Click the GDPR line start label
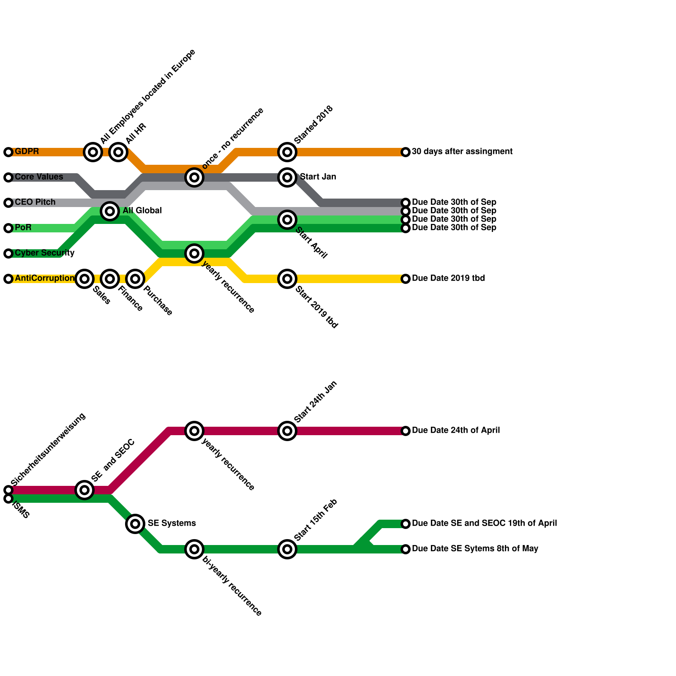pyautogui.click(x=27, y=152)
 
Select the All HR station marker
pyautogui.click(x=118, y=152)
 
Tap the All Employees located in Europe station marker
pyautogui.click(x=93, y=152)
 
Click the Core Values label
pyautogui.click(x=39, y=177)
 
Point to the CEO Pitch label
pyautogui.click(x=35, y=202)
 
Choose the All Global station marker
pyautogui.click(x=110, y=211)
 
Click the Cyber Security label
pyautogui.click(x=44, y=253)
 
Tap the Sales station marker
pyautogui.click(x=84, y=279)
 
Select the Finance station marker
pyautogui.click(x=110, y=279)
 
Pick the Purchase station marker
pyautogui.click(x=135, y=279)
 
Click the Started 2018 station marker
pyautogui.click(x=287, y=152)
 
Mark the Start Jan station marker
pyautogui.click(x=287, y=177)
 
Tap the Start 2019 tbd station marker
pyautogui.click(x=287, y=279)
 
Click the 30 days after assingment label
pyautogui.click(x=462, y=152)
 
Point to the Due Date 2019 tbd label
pyautogui.click(x=448, y=278)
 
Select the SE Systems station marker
pyautogui.click(x=135, y=524)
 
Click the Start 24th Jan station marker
pyautogui.click(x=287, y=431)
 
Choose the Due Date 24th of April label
pyautogui.click(x=455, y=431)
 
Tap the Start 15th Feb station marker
pyautogui.click(x=287, y=549)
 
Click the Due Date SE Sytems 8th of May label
pyautogui.click(x=475, y=549)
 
